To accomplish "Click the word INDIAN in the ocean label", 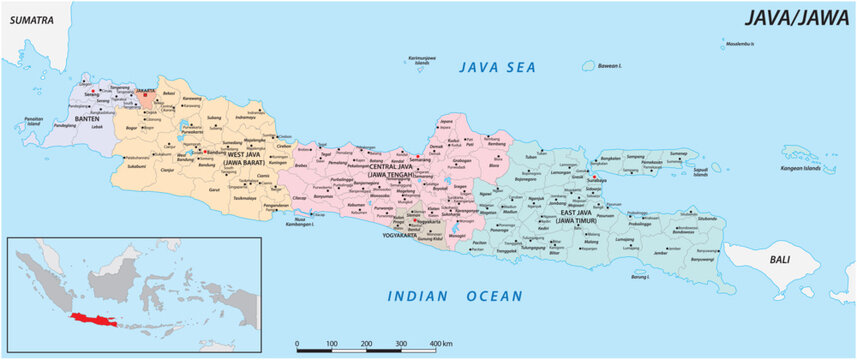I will point(418,296).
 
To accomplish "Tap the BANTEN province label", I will point(97,118).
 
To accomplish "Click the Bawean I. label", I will point(608,66).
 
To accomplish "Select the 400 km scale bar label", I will point(441,344).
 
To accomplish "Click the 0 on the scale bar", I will point(297,344).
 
